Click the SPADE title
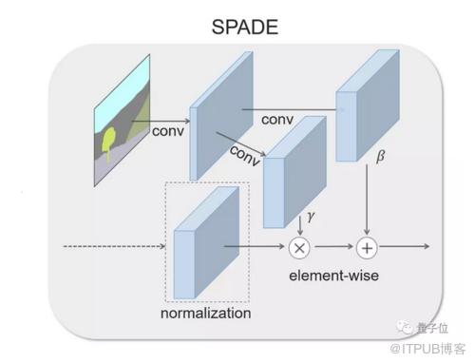tap(245, 27)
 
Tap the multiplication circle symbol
tap(299, 248)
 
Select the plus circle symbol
tap(367, 248)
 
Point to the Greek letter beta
tap(380, 156)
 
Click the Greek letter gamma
tap(311, 217)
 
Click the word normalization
tap(206, 314)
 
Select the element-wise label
tap(333, 276)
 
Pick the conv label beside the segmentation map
tap(168, 131)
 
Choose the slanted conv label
tap(245, 155)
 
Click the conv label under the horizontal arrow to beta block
tap(277, 120)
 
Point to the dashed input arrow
tap(114, 246)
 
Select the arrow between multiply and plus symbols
tap(334, 246)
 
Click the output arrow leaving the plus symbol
tap(405, 246)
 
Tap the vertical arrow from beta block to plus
tap(367, 200)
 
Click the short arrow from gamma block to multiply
tap(300, 226)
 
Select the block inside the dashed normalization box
tap(206, 242)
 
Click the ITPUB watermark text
tap(427, 349)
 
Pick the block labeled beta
tap(368, 105)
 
